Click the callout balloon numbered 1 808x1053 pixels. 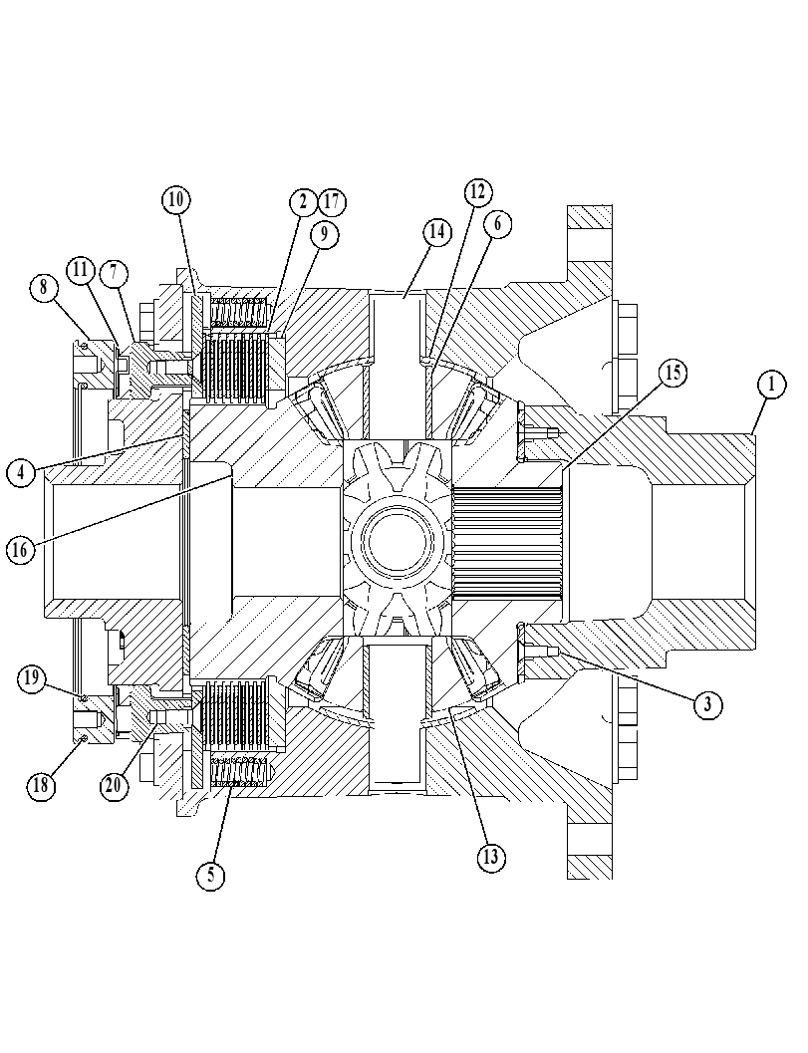coord(772,386)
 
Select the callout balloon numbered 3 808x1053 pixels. coord(708,703)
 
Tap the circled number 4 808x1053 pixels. coord(21,471)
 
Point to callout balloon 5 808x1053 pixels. coord(211,874)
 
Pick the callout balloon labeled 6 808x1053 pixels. coord(498,223)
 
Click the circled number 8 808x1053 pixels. coord(44,288)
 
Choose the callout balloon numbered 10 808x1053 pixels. coord(176,199)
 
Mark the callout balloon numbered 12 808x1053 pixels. coord(477,192)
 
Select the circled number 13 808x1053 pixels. coord(491,856)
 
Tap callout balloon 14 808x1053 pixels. coord(437,232)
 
